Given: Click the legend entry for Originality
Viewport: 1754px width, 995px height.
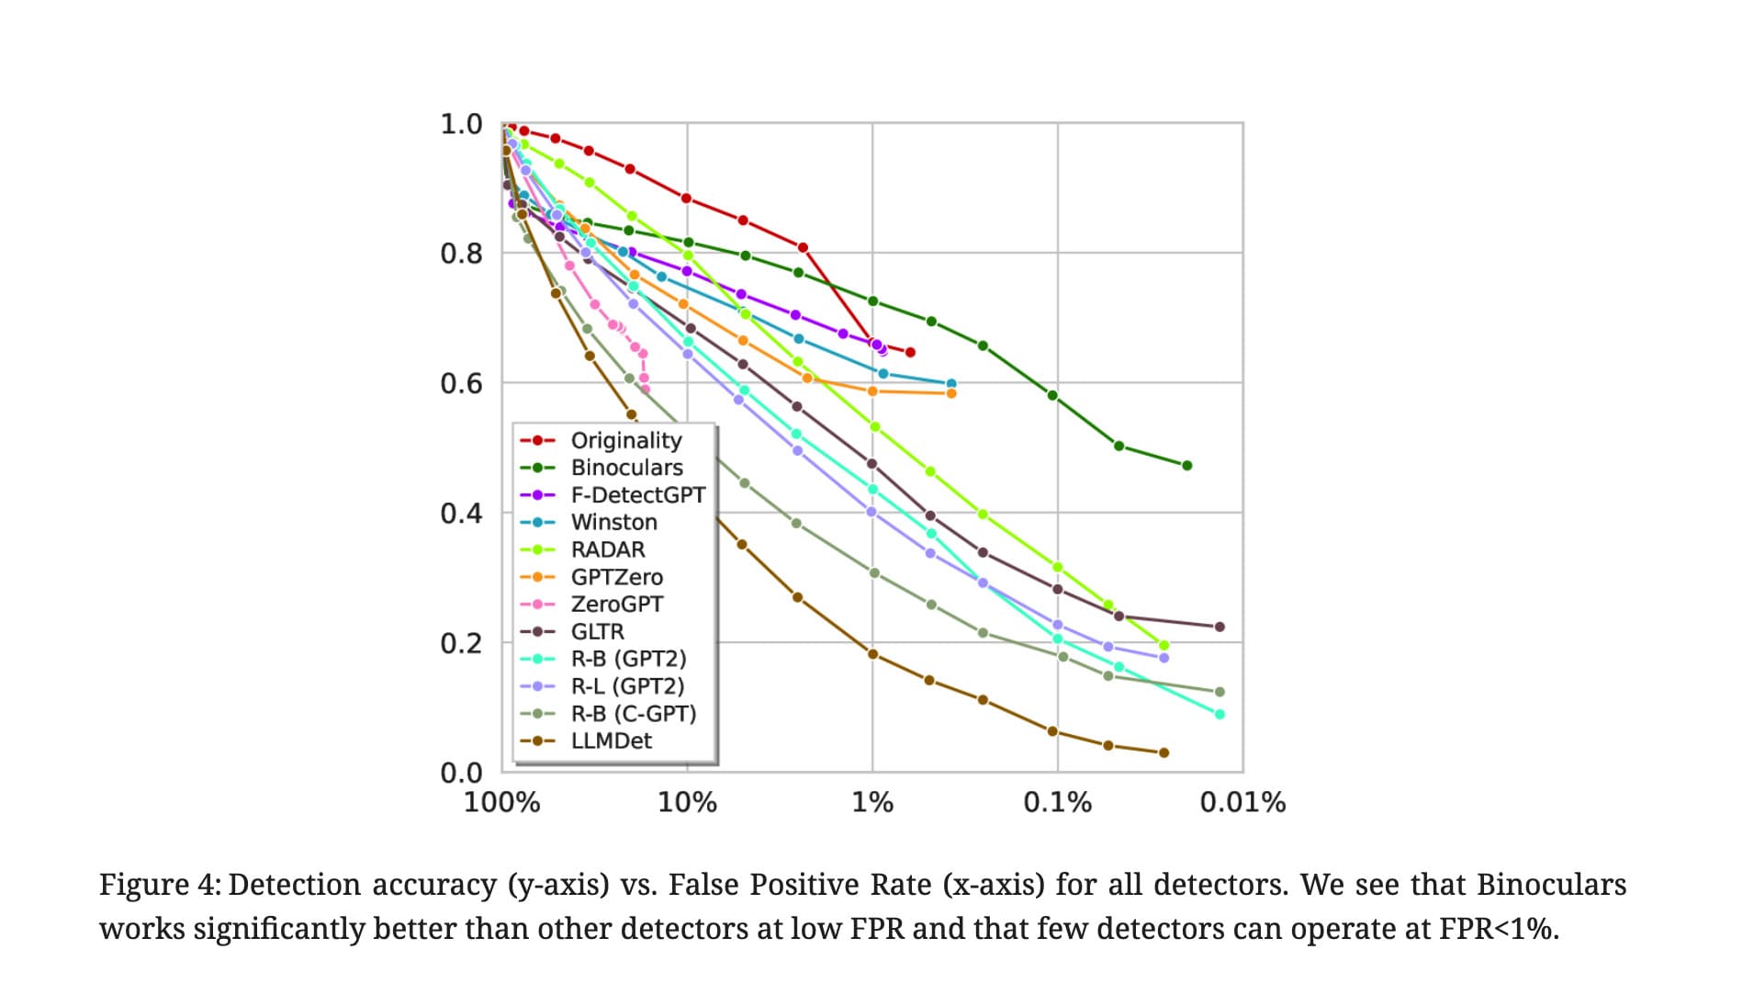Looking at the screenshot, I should click(625, 440).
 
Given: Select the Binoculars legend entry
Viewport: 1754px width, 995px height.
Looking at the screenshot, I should click(626, 468).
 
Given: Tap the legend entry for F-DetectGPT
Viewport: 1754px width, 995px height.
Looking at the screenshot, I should click(637, 495).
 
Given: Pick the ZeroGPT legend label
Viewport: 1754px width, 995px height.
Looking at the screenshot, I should click(616, 604).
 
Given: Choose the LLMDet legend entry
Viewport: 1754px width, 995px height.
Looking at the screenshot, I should click(611, 741).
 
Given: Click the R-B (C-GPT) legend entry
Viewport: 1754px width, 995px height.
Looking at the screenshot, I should click(633, 713).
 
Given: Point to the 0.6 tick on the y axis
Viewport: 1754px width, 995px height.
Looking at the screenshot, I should click(461, 383).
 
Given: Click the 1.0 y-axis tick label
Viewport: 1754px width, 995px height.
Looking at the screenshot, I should click(461, 124).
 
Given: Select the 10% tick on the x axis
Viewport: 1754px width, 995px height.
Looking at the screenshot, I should click(687, 802).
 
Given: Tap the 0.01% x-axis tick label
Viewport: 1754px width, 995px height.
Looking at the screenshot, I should click(1242, 802).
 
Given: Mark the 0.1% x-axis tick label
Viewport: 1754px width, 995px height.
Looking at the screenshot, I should click(1057, 802).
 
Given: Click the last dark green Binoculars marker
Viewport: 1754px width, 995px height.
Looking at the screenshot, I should click(1186, 466).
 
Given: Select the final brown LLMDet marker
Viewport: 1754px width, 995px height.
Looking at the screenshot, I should click(1164, 752).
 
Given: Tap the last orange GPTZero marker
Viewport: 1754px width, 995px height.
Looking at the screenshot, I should click(951, 393).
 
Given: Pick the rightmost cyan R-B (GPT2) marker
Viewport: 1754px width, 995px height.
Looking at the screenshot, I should click(1220, 714).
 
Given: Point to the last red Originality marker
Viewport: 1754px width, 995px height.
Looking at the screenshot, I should click(910, 352).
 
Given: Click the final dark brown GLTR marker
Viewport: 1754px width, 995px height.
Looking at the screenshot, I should click(1220, 627).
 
